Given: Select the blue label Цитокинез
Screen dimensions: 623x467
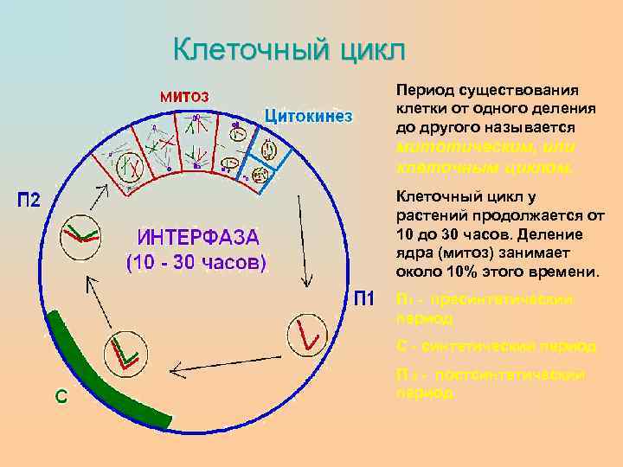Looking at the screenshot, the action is [308, 115].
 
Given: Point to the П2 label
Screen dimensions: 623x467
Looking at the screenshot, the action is [29, 201].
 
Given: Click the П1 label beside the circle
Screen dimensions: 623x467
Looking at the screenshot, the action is [363, 300].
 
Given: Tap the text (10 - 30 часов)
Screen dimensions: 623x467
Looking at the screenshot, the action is [197, 260].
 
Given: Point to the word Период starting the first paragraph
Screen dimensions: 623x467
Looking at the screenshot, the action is [422, 90].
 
